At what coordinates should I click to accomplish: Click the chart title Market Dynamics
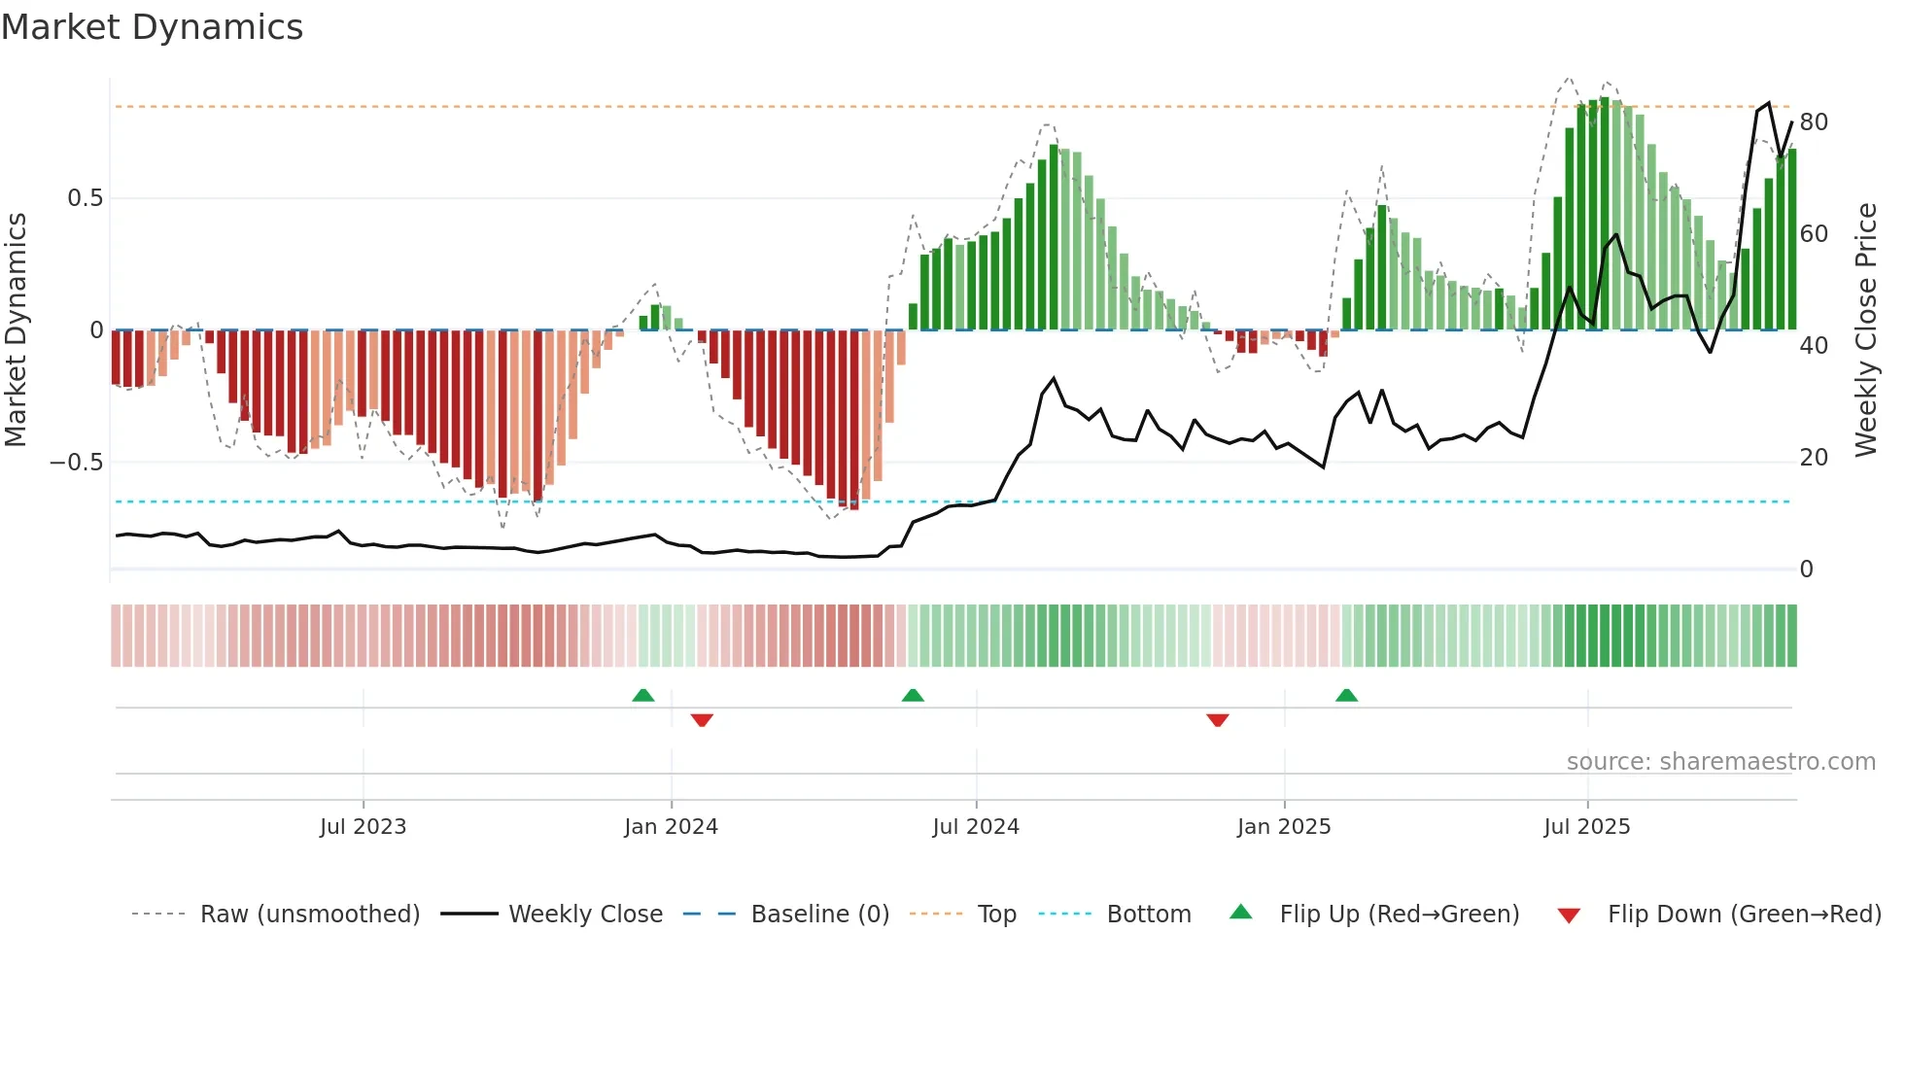(x=153, y=27)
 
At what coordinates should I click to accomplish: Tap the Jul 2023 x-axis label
(x=363, y=827)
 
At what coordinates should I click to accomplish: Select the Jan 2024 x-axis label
(x=671, y=827)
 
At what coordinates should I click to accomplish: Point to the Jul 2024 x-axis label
(x=976, y=827)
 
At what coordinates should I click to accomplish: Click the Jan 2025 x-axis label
(x=1284, y=827)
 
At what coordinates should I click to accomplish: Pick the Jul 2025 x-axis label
(x=1587, y=827)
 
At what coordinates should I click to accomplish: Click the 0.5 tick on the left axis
(x=85, y=198)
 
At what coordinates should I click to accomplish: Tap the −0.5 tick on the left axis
(x=77, y=463)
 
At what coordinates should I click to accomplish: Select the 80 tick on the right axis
(x=1814, y=122)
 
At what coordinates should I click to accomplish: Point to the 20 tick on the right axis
(x=1814, y=458)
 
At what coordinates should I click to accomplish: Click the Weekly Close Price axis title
(x=1865, y=330)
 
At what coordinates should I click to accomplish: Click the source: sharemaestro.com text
(x=1720, y=762)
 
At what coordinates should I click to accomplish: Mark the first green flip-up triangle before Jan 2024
(x=643, y=695)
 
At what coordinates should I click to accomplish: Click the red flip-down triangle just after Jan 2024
(x=702, y=720)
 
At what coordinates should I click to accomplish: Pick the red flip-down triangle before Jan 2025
(x=1218, y=720)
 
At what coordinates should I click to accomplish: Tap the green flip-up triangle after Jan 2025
(x=1346, y=695)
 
